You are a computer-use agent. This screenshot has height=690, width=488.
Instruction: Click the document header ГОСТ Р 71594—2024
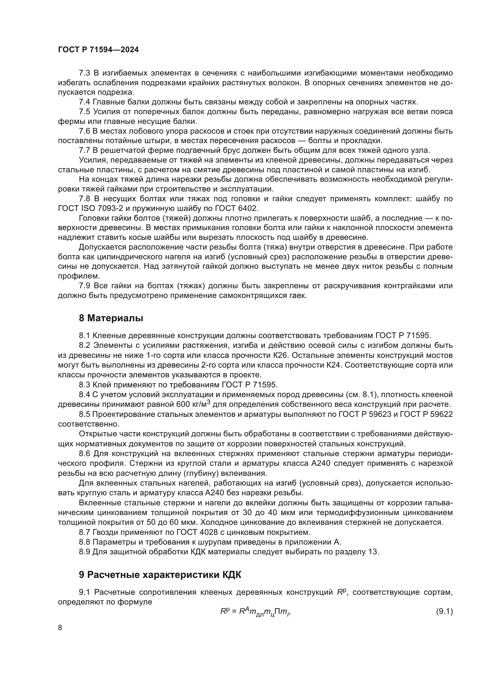pyautogui.click(x=98, y=50)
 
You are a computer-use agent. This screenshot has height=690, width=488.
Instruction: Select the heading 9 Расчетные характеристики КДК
pyautogui.click(x=160, y=575)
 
